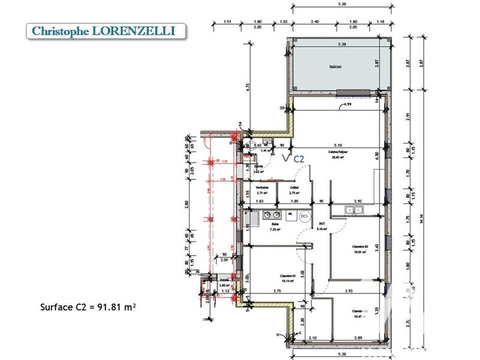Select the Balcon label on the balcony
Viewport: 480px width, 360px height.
coord(335,67)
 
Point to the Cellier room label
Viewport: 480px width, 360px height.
coord(293,187)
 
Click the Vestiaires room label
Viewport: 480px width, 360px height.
coord(262,187)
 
